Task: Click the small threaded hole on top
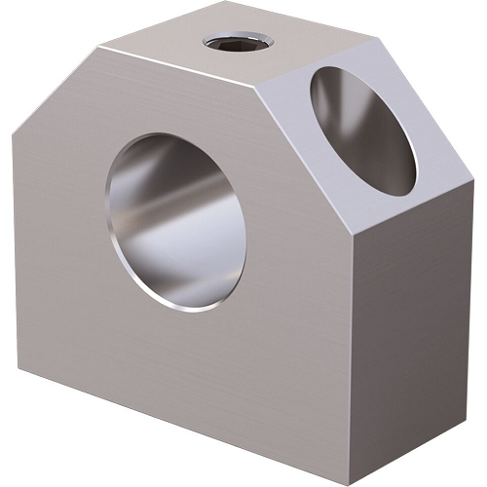tap(238, 42)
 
